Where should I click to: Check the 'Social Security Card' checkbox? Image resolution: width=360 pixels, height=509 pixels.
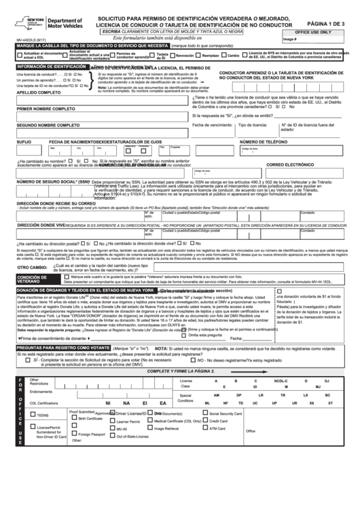[205, 413]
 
